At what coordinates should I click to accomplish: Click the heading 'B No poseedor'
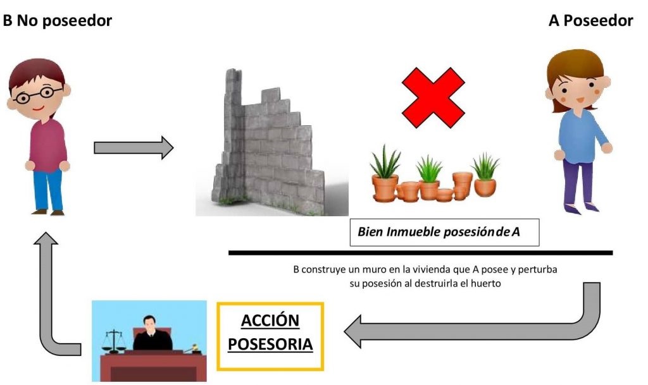(58, 21)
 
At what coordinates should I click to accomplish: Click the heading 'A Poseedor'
(590, 21)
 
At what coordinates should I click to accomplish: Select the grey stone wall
(266, 152)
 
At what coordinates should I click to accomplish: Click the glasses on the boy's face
(37, 96)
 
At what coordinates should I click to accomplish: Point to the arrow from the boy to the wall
(133, 147)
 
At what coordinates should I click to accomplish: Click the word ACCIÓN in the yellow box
(270, 321)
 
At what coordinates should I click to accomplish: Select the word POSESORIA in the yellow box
(270, 345)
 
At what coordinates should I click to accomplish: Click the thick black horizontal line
(420, 253)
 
